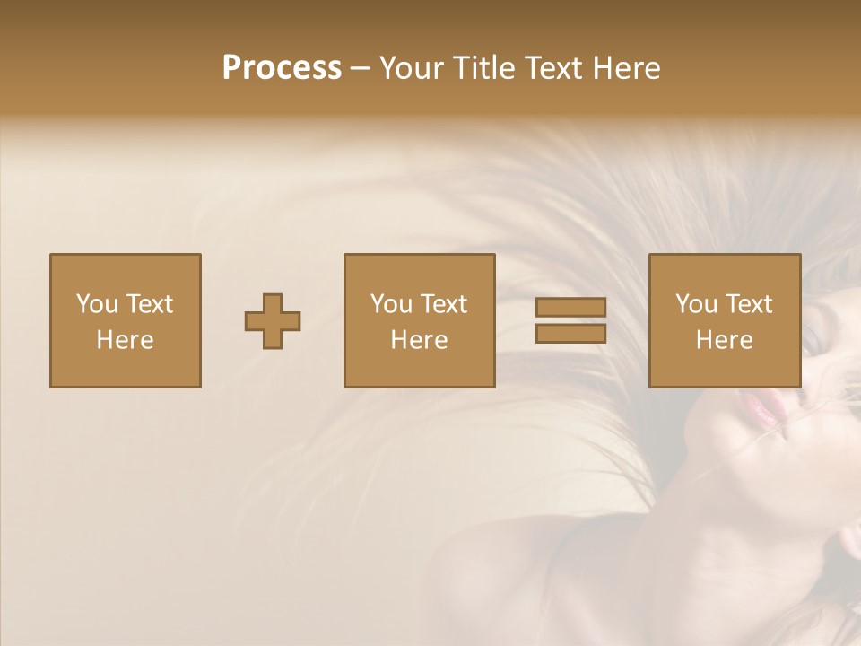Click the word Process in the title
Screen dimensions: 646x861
coord(282,68)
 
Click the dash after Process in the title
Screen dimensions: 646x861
coord(360,70)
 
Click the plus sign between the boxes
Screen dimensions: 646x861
coord(273,321)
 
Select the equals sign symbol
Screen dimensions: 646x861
coord(570,320)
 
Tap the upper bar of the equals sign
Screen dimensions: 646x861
coord(570,308)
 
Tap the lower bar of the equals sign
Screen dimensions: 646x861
coord(570,334)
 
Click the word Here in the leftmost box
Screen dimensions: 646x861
coord(125,340)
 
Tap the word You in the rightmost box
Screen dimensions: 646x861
coord(696,304)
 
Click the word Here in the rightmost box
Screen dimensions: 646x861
coord(724,340)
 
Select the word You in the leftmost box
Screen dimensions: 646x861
coord(97,304)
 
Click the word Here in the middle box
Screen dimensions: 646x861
coord(419,340)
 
